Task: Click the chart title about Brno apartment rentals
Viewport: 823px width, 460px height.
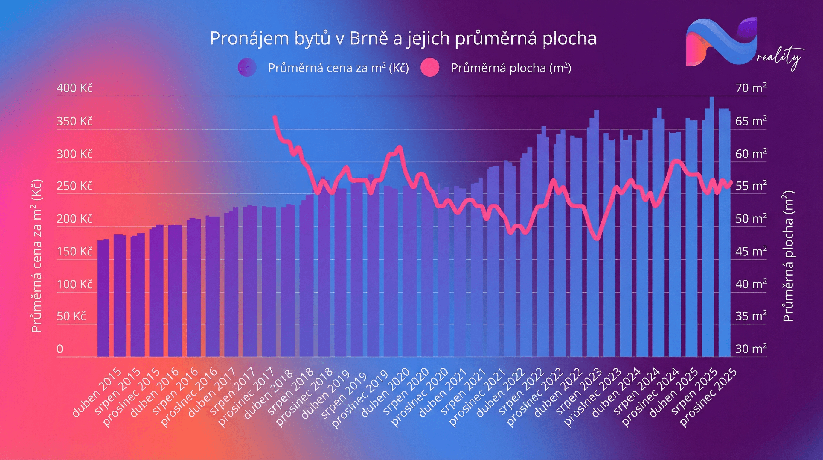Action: click(403, 39)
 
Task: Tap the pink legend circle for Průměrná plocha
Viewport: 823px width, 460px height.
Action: click(430, 68)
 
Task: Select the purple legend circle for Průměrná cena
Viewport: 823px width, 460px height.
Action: click(247, 67)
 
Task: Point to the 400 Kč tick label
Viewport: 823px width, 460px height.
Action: click(74, 88)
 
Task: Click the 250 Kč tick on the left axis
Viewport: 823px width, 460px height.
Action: click(74, 186)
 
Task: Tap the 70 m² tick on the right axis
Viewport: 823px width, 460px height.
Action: click(751, 88)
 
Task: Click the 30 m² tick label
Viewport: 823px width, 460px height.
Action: click(751, 349)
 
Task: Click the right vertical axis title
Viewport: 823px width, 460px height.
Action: click(788, 256)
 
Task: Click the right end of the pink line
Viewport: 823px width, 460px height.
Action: click(731, 182)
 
